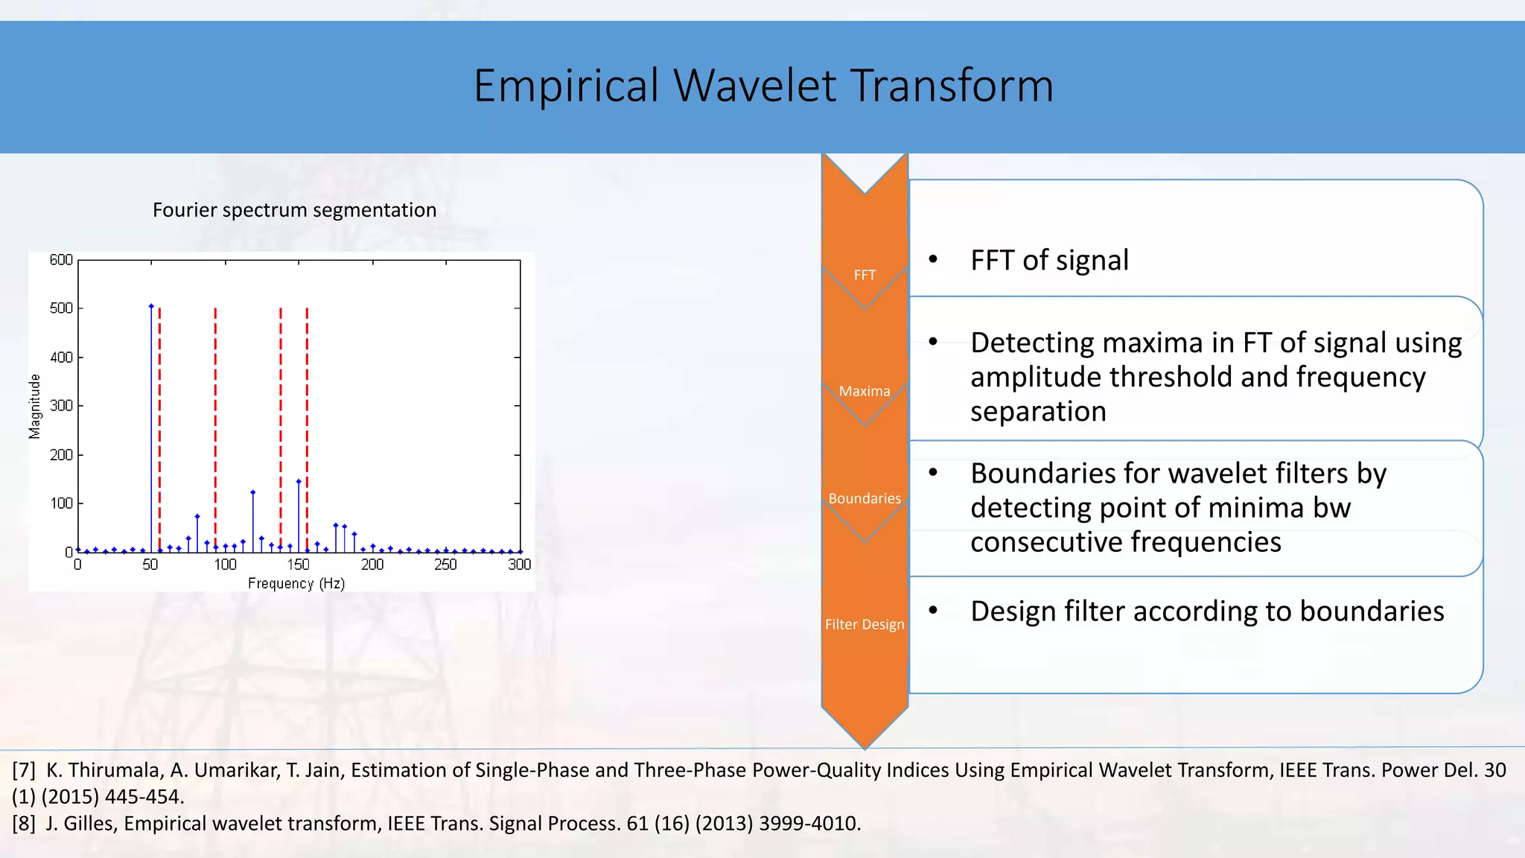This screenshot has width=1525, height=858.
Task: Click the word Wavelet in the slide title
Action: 755,86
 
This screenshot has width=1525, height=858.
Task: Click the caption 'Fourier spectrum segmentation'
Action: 294,210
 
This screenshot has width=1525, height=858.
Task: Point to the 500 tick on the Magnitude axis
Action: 61,308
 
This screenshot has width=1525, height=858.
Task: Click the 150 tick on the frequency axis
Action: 298,565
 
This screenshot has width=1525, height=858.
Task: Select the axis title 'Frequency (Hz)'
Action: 296,583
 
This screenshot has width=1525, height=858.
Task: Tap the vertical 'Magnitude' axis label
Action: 35,407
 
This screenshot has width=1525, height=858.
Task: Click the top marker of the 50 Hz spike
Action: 151,306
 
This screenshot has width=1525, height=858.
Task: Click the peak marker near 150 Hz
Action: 299,482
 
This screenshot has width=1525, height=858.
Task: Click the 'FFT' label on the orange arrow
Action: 865,275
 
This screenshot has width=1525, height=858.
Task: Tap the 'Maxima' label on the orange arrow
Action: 865,391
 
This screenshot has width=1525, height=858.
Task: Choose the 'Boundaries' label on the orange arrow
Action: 865,498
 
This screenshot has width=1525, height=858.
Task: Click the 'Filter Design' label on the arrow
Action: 865,624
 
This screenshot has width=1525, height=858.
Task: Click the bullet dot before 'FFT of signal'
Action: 933,259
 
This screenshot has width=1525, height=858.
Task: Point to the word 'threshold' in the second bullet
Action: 1171,377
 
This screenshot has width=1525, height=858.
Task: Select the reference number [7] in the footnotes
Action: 24,770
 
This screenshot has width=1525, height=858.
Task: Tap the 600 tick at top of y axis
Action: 61,260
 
